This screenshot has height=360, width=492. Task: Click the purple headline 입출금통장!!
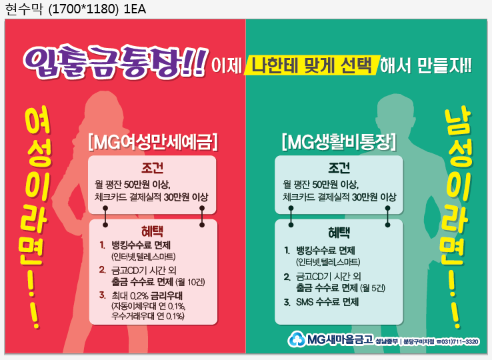click(x=115, y=62)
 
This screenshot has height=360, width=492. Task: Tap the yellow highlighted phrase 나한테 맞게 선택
click(x=312, y=65)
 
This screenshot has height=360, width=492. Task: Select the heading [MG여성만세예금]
click(x=153, y=142)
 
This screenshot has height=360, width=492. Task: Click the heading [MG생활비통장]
click(x=339, y=142)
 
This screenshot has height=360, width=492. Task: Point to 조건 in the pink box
click(x=152, y=168)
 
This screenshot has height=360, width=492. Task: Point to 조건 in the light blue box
click(x=339, y=168)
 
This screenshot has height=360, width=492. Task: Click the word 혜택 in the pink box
click(x=152, y=231)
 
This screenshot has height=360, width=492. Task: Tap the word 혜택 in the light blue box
click(x=339, y=233)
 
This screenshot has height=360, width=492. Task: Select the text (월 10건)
click(x=191, y=282)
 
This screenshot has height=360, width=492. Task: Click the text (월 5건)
click(x=373, y=288)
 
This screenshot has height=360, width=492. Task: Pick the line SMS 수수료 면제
click(x=327, y=302)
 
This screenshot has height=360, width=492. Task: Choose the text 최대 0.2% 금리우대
click(x=147, y=295)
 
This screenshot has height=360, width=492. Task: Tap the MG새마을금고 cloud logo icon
click(x=296, y=339)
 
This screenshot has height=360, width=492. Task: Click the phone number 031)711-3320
click(x=460, y=341)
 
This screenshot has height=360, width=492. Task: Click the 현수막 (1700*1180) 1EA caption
click(x=75, y=9)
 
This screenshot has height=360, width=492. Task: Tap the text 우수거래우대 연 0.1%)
click(x=148, y=316)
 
